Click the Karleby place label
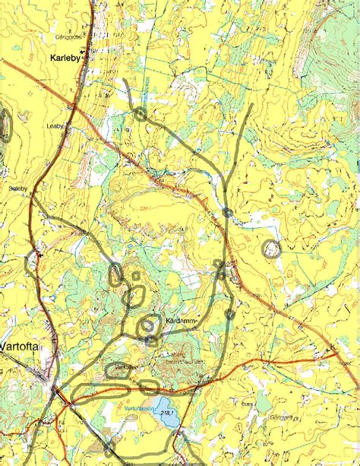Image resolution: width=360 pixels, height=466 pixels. tap(65, 57)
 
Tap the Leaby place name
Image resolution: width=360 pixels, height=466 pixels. tap(56, 126)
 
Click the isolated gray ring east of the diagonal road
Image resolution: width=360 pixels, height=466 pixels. tap(270, 247)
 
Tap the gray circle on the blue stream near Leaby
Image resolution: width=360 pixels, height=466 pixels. tap(141, 114)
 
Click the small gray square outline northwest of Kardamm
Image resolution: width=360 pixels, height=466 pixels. tap(137, 277)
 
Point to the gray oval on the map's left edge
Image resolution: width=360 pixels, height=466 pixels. tap(7, 124)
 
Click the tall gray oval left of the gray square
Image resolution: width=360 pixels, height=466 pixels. tap(117, 275)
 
